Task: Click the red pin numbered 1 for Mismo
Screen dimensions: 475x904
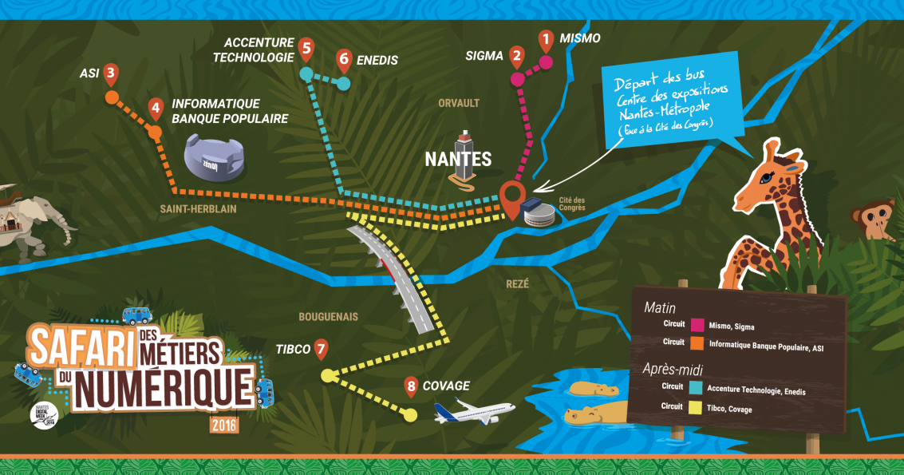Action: pyautogui.click(x=546, y=38)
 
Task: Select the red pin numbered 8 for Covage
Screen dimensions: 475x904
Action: pyautogui.click(x=411, y=387)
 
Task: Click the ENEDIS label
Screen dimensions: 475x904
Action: pyautogui.click(x=377, y=60)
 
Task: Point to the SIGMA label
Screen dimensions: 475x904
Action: pyautogui.click(x=484, y=56)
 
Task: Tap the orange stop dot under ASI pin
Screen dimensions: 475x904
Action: pyautogui.click(x=112, y=98)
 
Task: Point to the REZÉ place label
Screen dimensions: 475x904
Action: pyautogui.click(x=517, y=283)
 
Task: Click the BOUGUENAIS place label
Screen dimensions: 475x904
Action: pyautogui.click(x=328, y=317)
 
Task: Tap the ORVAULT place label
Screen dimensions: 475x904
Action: pyautogui.click(x=458, y=103)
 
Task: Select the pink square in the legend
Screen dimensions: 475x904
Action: pyautogui.click(x=697, y=326)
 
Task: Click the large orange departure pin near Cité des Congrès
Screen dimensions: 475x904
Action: pyautogui.click(x=511, y=195)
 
